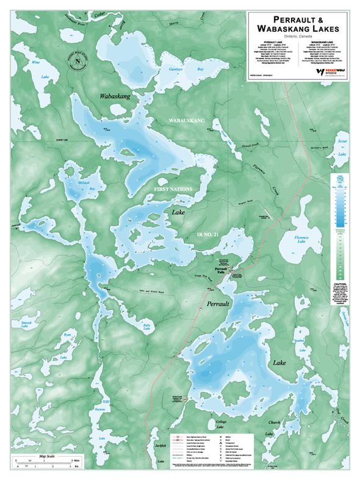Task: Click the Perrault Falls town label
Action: [x=220, y=269]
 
